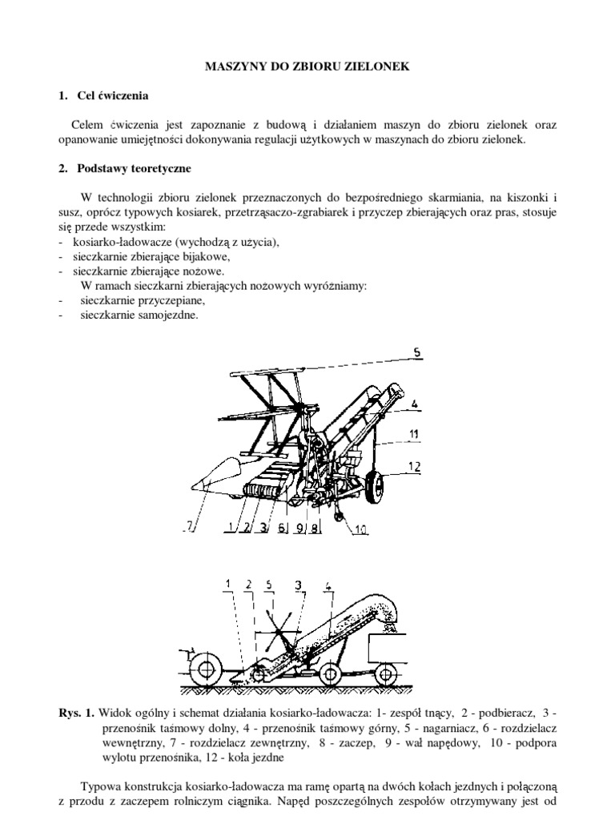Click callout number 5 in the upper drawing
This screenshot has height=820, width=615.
coord(416,352)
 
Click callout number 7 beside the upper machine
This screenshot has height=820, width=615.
coord(189,525)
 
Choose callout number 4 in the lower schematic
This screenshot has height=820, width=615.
coord(330,585)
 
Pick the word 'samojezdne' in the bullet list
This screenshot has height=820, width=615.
coord(168,316)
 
